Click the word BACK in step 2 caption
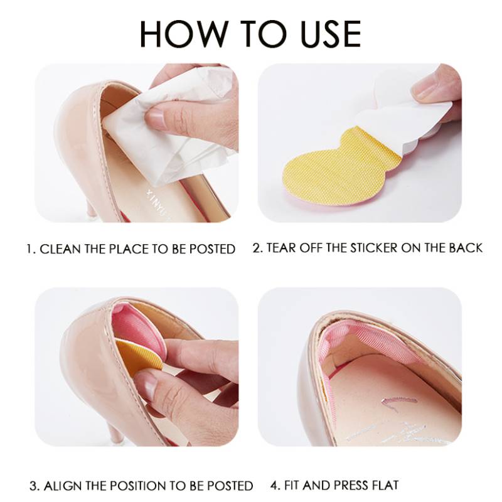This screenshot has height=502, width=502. (465, 247)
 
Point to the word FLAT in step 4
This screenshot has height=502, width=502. (384, 484)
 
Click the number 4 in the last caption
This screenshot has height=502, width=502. (274, 484)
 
